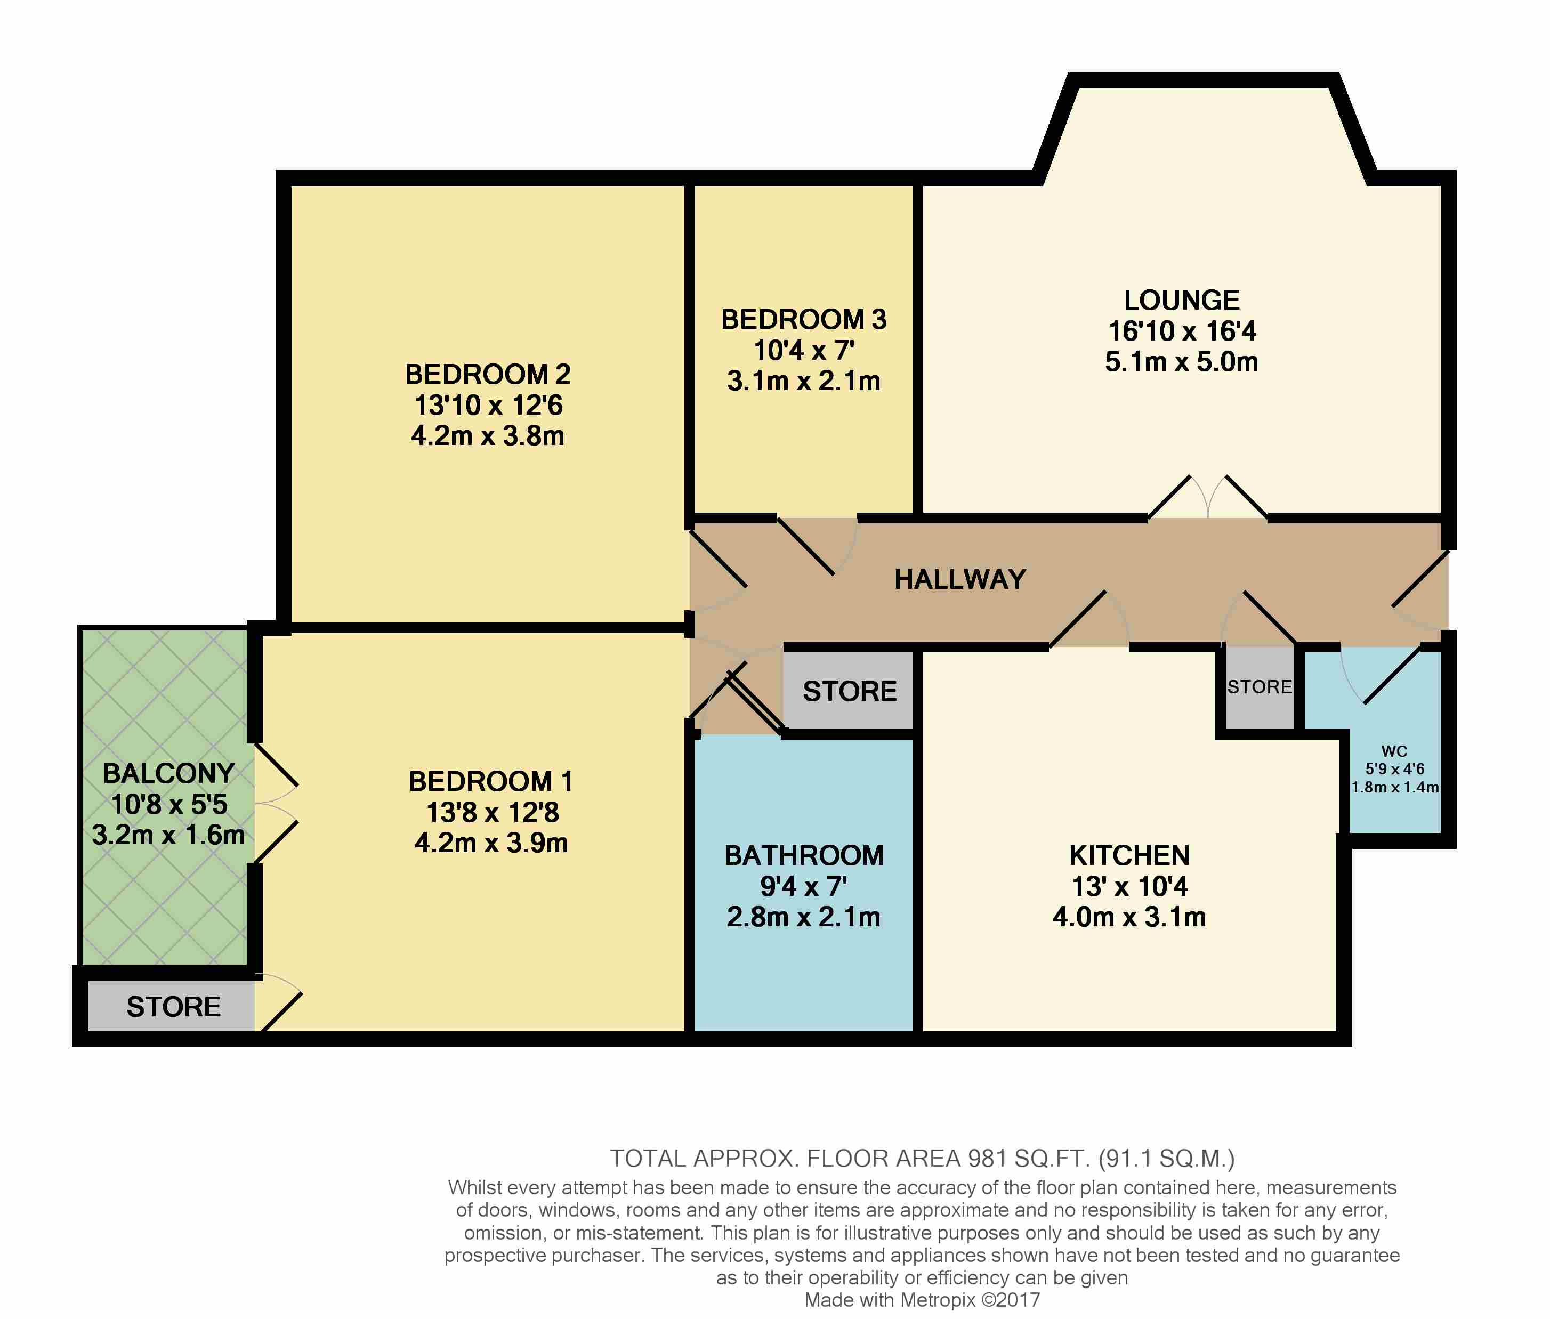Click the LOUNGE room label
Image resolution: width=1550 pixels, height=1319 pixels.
pos(1181,300)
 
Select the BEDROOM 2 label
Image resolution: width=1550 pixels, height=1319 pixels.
pos(488,374)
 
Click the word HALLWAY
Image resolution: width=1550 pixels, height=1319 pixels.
pos(959,579)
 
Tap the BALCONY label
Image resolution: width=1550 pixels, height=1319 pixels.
pos(168,773)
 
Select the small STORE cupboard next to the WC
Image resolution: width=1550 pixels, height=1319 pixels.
pos(1259,687)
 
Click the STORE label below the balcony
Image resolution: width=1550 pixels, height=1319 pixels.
pos(173,1007)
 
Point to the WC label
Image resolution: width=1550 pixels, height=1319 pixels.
pos(1394,751)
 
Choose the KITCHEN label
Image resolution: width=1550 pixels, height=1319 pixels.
pos(1128,855)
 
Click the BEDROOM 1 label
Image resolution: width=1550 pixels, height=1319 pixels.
pos(490,781)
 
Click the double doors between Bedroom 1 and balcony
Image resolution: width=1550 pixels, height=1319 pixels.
pos(277,804)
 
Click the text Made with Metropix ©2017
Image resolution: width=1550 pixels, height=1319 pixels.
pos(921,1300)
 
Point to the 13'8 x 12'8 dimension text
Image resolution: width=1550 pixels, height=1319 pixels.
pos(492,812)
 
